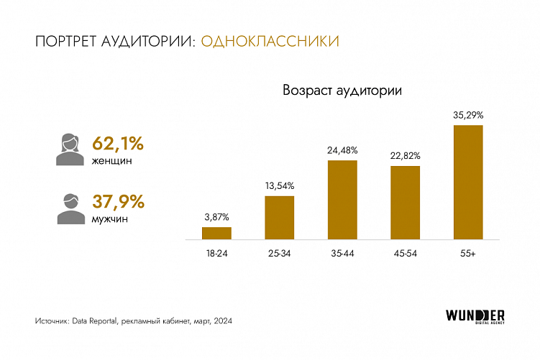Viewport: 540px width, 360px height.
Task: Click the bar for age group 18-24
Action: pos(216,233)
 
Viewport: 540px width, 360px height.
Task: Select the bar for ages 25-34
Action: pos(279,217)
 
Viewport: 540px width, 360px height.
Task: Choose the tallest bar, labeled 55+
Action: pos(467,182)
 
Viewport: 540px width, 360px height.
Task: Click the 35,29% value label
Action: pos(467,114)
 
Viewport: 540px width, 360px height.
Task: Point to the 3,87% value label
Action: pos(216,216)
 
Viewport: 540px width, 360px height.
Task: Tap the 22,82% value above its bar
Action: pos(405,155)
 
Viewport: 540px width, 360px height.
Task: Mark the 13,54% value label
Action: pos(279,185)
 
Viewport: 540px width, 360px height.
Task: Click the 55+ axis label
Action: pos(467,254)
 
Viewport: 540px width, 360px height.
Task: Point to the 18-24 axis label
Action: pos(216,254)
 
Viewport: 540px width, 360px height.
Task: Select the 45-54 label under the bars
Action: pos(405,254)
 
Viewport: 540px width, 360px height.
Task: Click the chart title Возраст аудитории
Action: pos(342,91)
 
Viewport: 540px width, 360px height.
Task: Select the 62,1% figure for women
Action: pos(118,143)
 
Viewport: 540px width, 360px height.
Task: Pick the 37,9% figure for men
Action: pos(118,201)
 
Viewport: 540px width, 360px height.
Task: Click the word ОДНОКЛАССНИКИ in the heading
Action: pos(270,42)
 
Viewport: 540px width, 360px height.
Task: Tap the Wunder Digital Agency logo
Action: pos(475,316)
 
